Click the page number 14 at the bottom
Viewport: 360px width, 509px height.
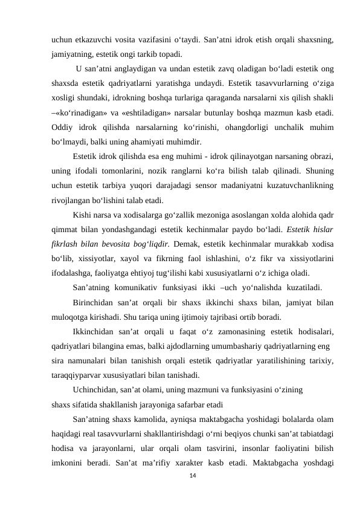[193, 478]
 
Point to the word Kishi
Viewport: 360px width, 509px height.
[83, 215]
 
